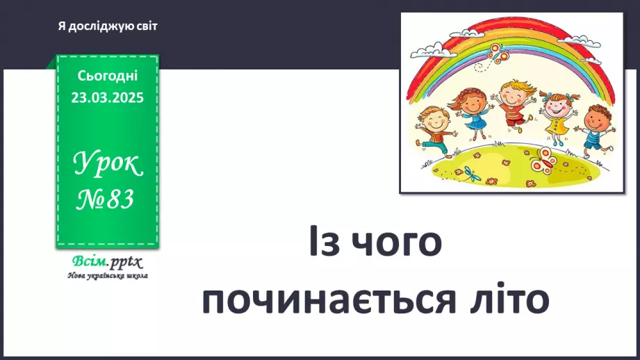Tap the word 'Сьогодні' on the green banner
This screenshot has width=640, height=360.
(108, 75)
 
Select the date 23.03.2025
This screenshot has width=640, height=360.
(108, 98)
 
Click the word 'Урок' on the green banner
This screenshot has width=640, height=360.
(108, 164)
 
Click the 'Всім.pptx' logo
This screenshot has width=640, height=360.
(106, 262)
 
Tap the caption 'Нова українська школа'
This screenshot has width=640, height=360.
(108, 275)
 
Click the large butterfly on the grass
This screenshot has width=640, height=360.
(545, 161)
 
